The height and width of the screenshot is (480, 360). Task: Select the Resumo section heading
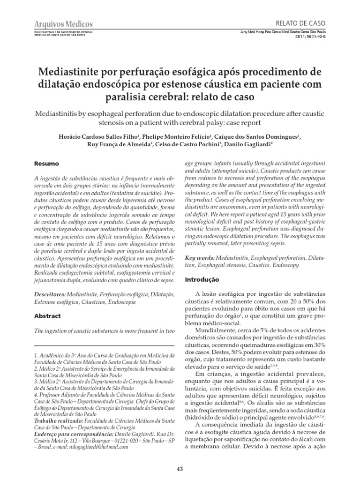(x=47, y=164)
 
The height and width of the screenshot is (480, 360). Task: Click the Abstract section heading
(x=48, y=316)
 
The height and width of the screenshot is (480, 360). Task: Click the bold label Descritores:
(x=51, y=293)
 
